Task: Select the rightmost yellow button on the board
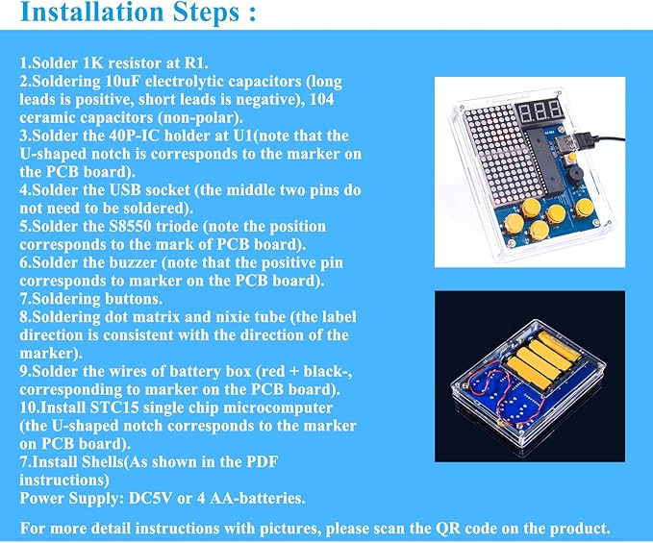coord(582,209)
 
